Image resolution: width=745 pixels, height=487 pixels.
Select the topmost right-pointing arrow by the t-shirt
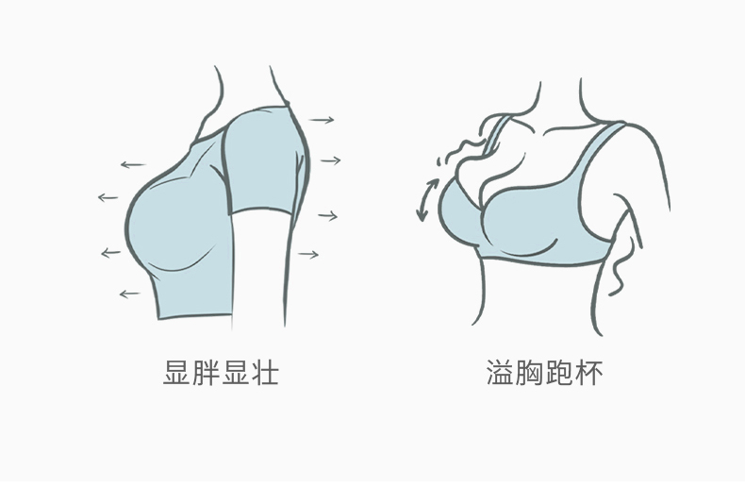(x=323, y=121)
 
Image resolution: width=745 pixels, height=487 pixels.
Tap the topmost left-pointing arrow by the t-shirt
(x=133, y=165)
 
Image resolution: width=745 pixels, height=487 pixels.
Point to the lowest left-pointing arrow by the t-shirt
(x=129, y=294)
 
